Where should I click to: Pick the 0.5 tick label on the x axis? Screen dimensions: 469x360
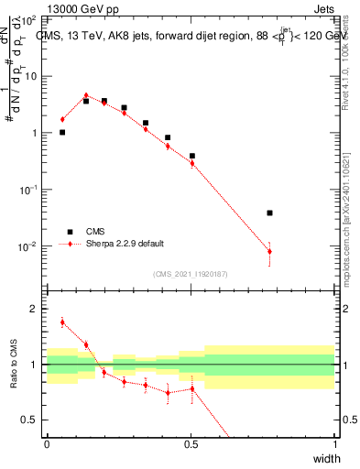click(191, 443)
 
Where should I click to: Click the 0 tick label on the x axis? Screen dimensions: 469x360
click(47, 443)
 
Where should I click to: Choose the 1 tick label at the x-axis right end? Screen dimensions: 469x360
click(334, 443)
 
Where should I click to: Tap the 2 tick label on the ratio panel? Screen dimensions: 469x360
click(36, 310)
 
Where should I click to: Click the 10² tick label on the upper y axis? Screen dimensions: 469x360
click(29, 18)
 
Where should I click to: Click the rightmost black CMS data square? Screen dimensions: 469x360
click(269, 213)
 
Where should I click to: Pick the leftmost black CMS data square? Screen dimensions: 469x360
click(62, 132)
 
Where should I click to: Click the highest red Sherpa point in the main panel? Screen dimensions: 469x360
click(86, 95)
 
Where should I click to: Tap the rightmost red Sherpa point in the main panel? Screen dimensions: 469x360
click(269, 251)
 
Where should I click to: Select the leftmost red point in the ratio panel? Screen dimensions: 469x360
click(62, 322)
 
